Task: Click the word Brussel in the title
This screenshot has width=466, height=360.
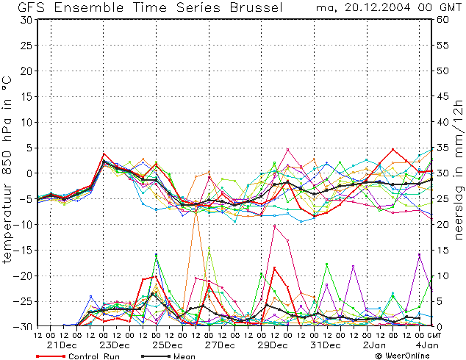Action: pos(257,7)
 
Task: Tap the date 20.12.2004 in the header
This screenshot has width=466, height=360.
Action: pos(378,7)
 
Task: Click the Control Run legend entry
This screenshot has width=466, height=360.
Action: pos(78,356)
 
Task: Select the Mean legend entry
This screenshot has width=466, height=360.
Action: pos(168,356)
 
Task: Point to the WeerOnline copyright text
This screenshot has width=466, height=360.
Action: pos(402,356)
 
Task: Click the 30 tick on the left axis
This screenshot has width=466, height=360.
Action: pos(26,20)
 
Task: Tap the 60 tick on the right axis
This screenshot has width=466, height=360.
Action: pos(442,20)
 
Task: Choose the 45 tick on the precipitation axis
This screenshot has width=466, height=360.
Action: pos(442,96)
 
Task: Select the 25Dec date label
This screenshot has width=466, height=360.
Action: pos(168,345)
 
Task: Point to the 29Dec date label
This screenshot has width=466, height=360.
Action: pos(273,345)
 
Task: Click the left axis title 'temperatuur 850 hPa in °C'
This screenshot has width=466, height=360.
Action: pos(7,170)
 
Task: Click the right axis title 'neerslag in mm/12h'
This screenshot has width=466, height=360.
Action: pos(459,170)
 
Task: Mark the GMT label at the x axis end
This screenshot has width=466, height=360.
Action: pos(434,335)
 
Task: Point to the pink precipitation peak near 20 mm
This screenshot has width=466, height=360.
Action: pos(275,226)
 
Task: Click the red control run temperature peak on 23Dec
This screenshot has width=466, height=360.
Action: pos(104,154)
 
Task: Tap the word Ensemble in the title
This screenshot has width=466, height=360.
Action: pos(89,7)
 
